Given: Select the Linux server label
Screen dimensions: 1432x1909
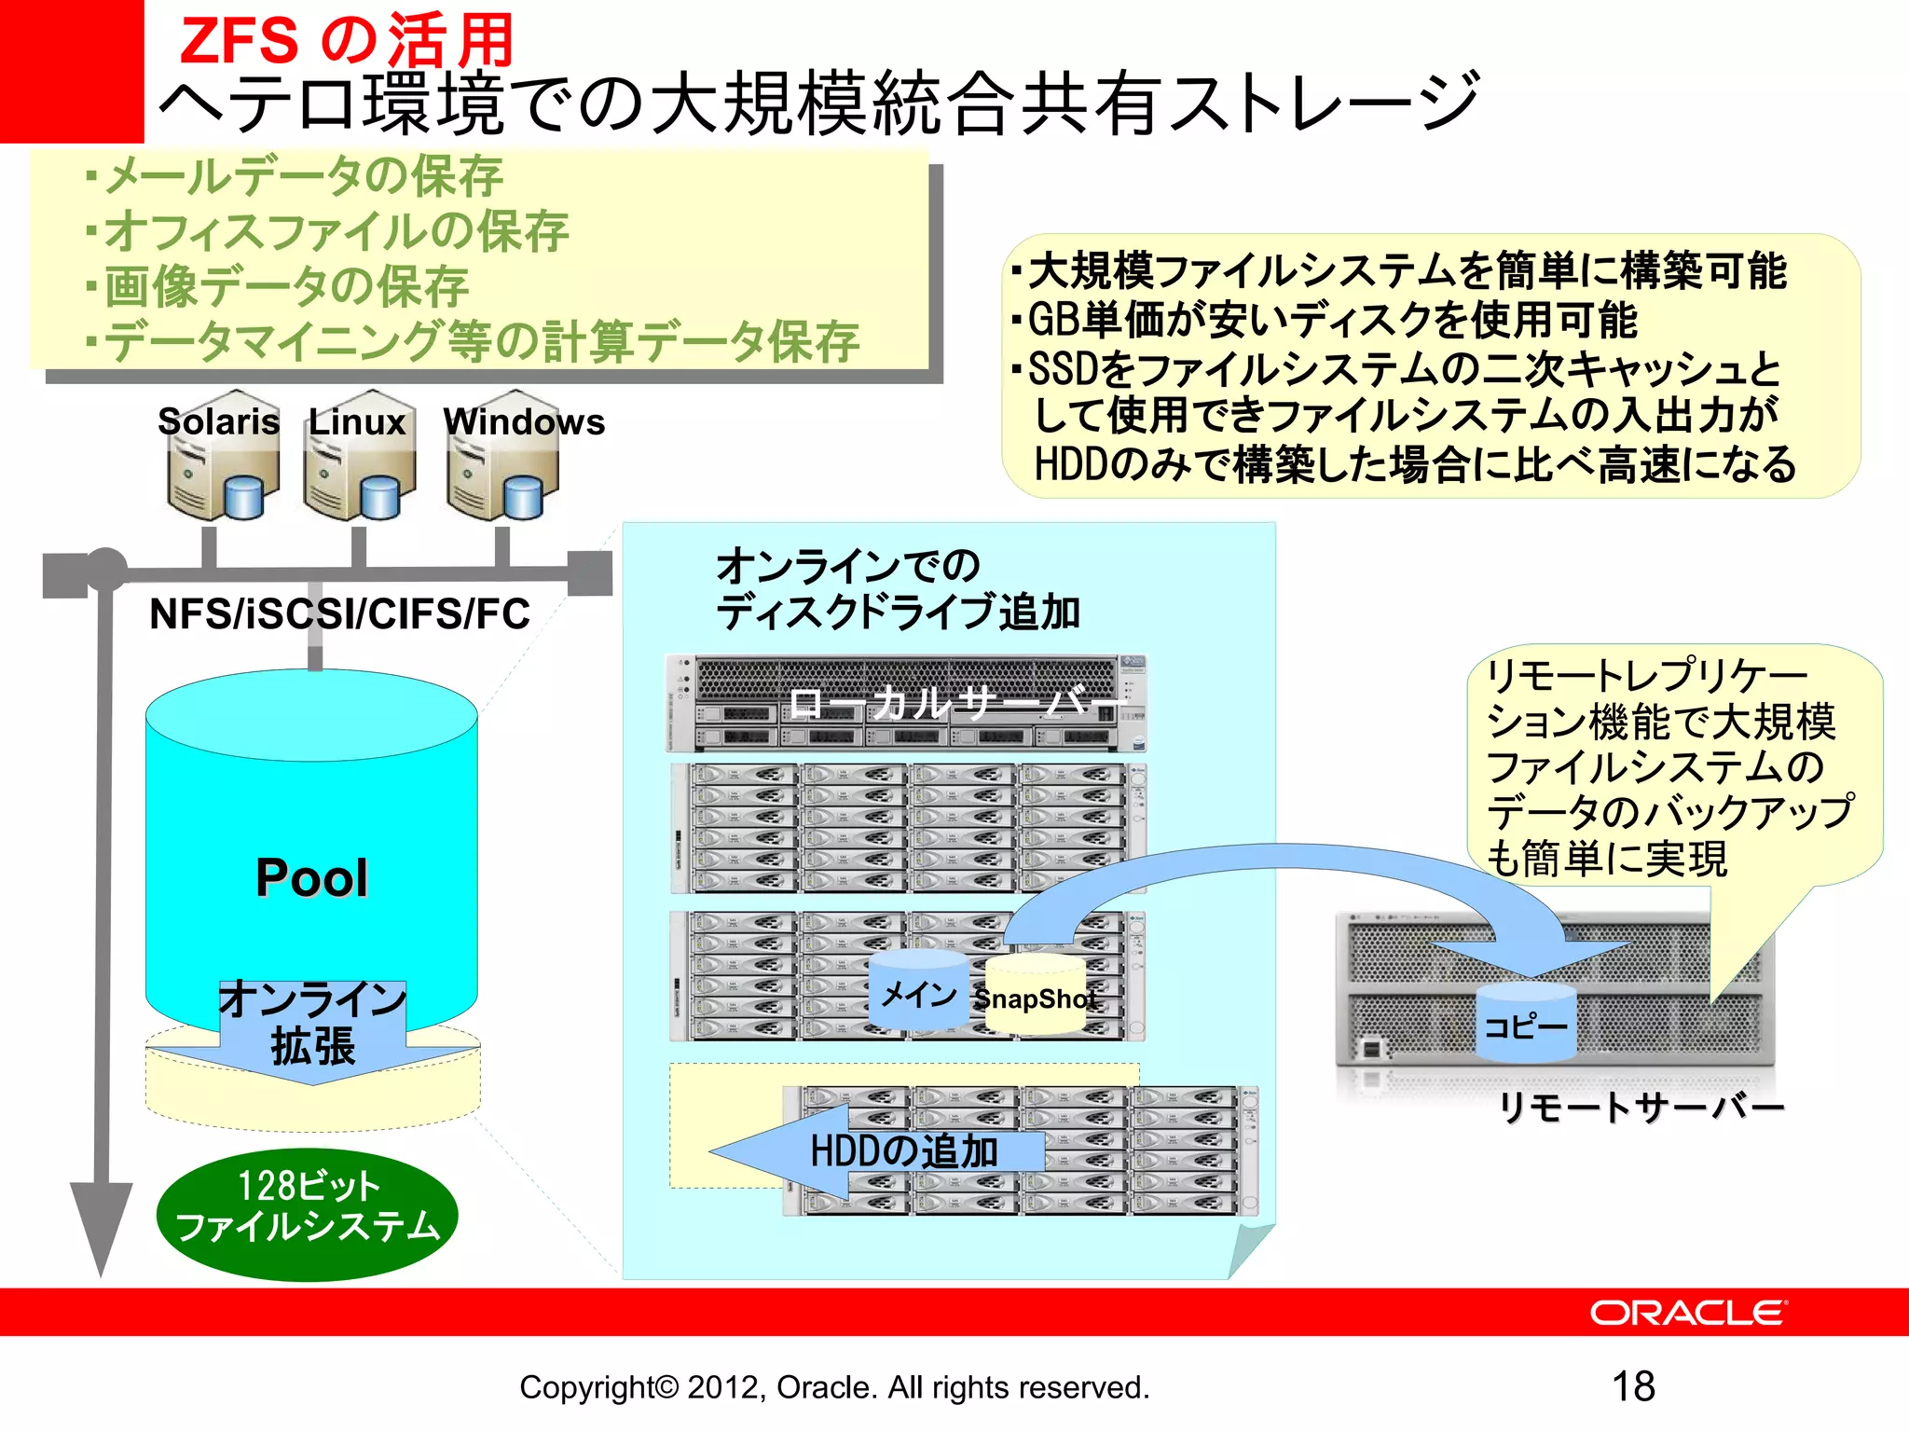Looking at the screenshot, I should click(x=357, y=422).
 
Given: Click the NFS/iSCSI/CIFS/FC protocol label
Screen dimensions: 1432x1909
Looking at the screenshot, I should click(x=339, y=614).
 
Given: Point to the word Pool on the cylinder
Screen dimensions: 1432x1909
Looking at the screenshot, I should click(x=311, y=878).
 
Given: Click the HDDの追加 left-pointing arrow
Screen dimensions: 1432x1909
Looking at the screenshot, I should click(x=876, y=1152).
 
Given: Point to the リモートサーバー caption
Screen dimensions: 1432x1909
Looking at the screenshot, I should click(x=1641, y=1108).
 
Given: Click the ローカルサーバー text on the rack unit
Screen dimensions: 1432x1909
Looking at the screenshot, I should click(x=951, y=703).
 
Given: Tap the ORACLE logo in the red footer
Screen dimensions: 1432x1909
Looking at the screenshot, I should click(x=1687, y=1313).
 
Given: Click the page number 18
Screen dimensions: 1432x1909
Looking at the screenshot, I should click(x=1633, y=1386).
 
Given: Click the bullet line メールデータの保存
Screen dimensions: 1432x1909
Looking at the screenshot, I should click(x=303, y=176).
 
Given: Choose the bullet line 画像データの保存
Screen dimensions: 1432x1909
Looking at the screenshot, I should click(x=285, y=286).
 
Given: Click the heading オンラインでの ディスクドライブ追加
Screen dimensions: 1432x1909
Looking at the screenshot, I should click(x=897, y=589).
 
